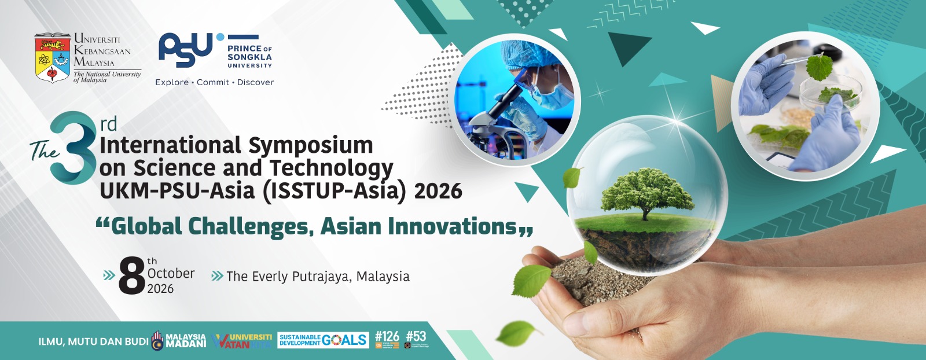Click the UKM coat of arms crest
[53, 58]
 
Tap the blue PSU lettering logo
[186, 50]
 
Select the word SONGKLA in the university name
[249, 57]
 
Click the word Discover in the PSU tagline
[255, 82]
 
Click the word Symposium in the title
[311, 145]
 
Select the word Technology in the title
[331, 168]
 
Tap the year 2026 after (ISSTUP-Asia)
[438, 191]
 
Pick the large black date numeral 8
[131, 275]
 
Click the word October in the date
[171, 273]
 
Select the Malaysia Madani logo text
[186, 340]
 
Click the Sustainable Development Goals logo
[322, 340]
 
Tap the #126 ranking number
[387, 336]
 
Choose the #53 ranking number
[416, 336]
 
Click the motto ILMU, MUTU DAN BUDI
[93, 341]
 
